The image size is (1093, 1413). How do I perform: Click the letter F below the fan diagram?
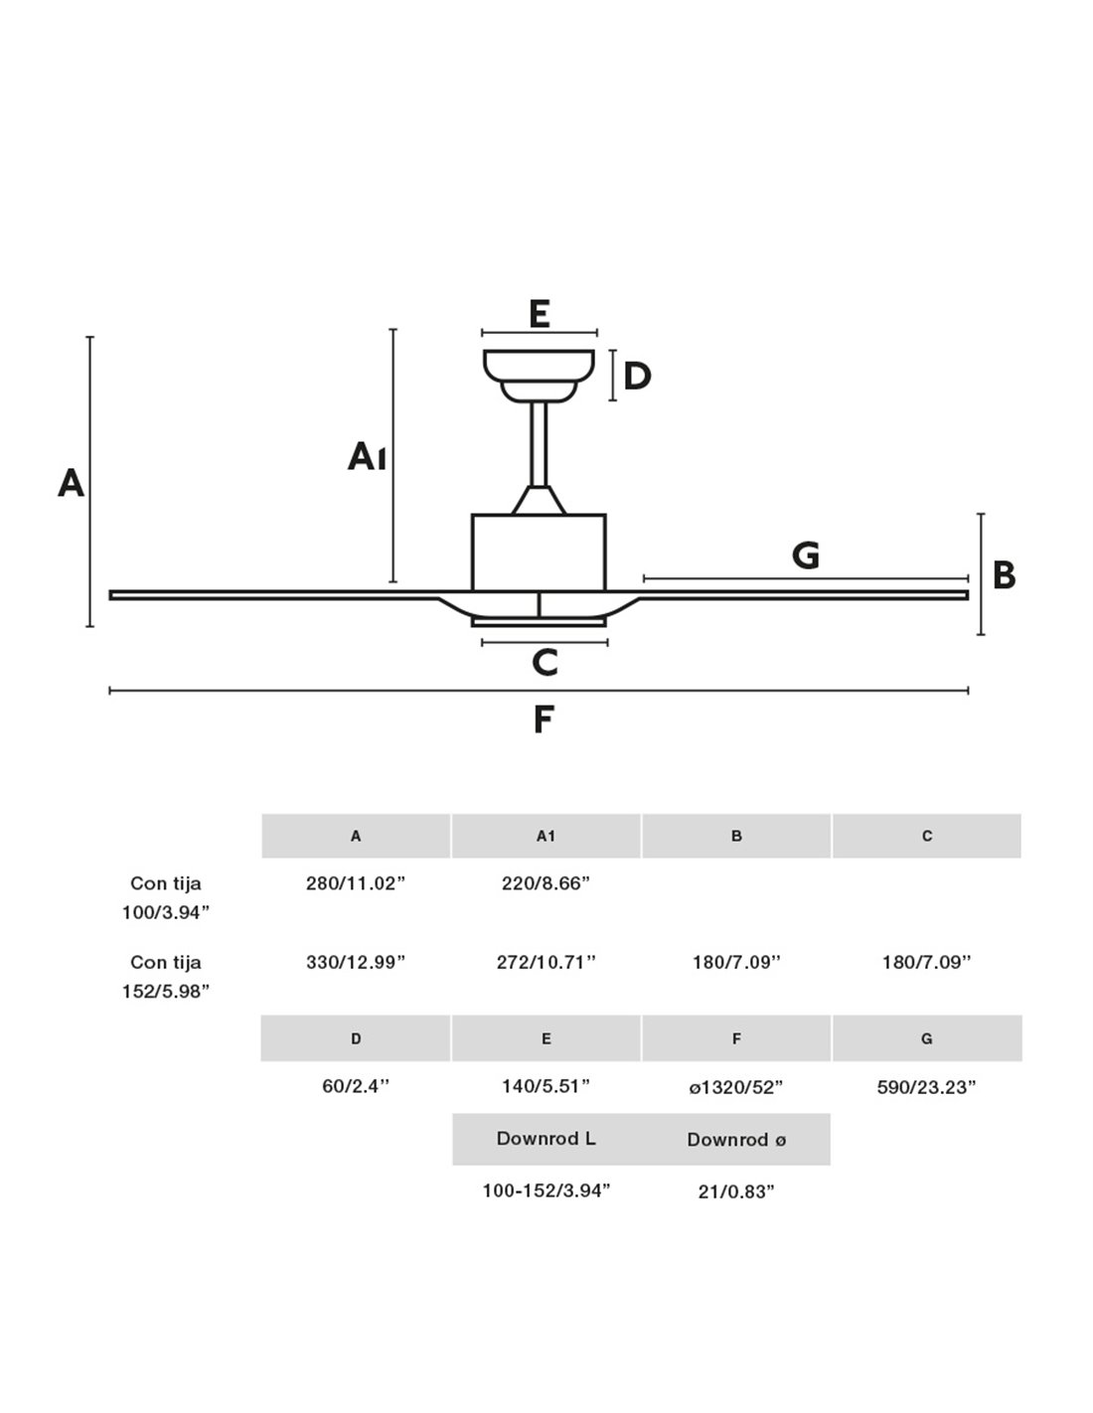543,718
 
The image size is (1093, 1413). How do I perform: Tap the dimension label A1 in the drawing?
367,457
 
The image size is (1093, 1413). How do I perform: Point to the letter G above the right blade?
806,554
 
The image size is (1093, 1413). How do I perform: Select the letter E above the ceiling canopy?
540,314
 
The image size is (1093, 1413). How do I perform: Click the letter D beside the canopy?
637,377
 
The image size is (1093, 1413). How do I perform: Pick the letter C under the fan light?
545,663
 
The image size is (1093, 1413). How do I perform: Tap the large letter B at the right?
1005,575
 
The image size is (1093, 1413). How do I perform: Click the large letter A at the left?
71,484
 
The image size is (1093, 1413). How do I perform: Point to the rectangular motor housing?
539,552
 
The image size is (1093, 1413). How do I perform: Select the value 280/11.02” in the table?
356,883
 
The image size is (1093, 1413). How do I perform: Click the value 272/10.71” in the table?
546,962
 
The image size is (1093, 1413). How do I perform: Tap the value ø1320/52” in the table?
736,1087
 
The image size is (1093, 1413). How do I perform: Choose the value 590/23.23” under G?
926,1087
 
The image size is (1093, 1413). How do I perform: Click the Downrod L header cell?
546,1139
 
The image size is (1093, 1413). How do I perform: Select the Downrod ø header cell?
736,1140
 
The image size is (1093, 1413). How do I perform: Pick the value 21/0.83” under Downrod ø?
736,1191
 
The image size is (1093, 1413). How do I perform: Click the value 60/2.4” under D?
356,1086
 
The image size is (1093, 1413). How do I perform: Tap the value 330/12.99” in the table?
356,962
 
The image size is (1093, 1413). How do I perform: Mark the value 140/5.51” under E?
546,1086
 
